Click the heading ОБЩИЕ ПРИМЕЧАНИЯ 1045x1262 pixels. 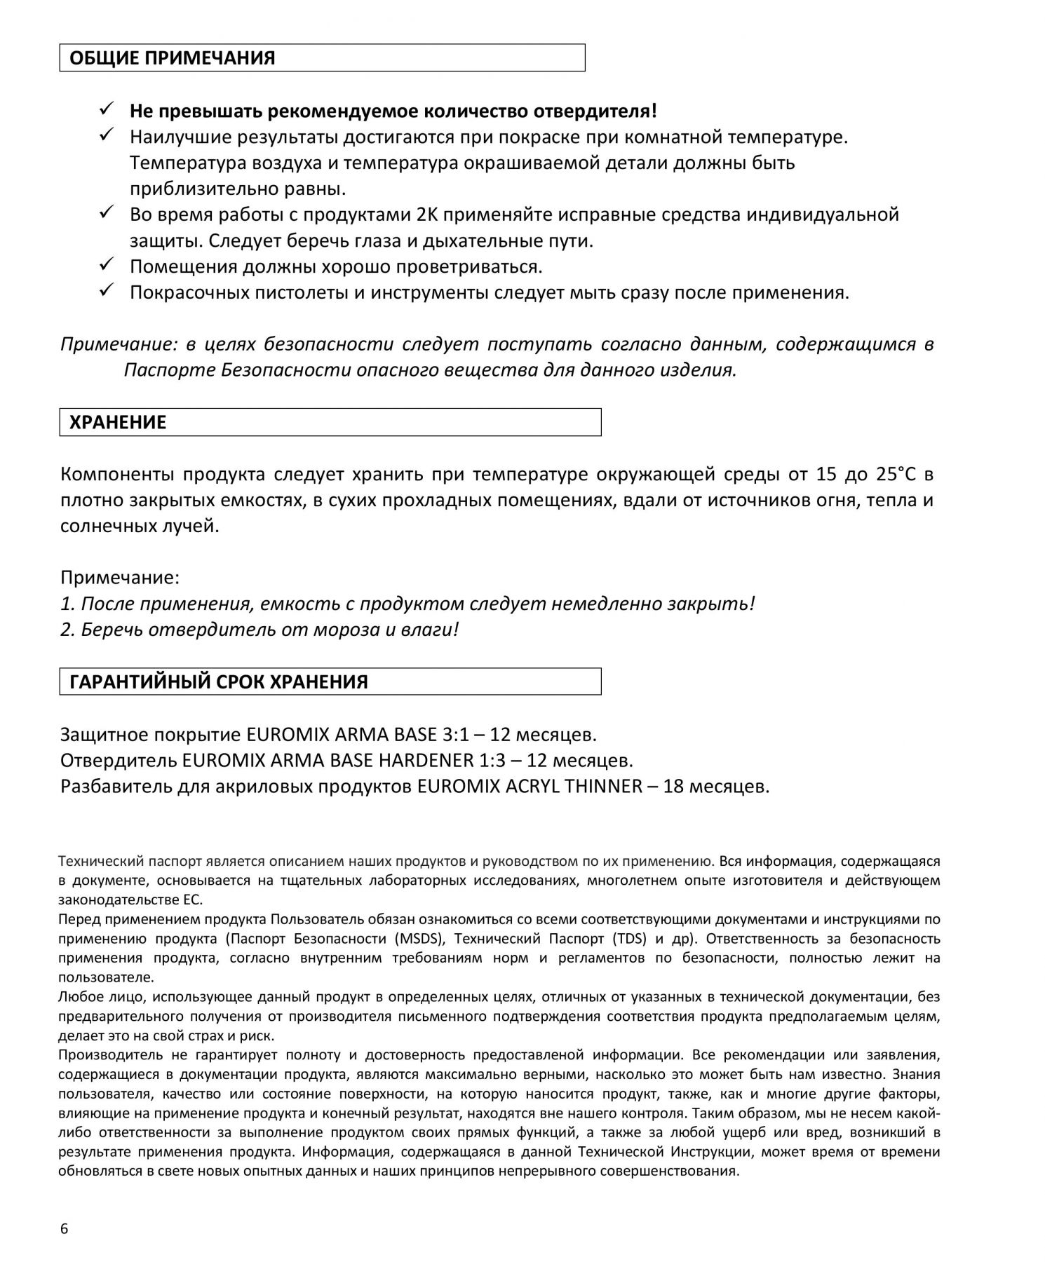[172, 58]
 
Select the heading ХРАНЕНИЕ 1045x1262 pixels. [118, 423]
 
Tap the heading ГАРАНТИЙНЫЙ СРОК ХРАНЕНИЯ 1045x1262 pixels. [218, 682]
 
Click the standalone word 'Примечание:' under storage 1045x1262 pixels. [120, 578]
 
